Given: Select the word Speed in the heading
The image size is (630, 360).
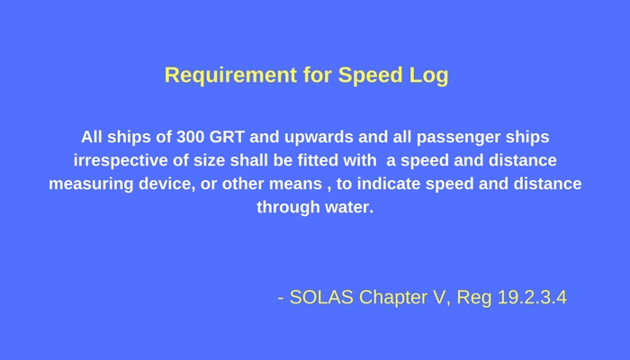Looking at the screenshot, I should (x=366, y=76).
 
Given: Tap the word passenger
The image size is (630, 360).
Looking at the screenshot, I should (x=463, y=139).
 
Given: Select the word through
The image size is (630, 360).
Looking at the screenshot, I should (x=289, y=207).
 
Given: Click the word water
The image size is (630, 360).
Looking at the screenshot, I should (x=348, y=207).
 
